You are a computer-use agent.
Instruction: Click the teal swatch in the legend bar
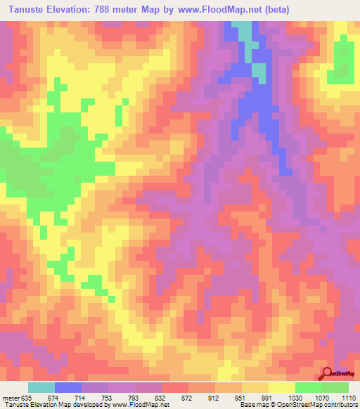click(x=41, y=387)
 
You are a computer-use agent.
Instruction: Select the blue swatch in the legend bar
click(x=68, y=387)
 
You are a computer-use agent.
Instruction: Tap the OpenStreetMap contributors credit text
click(x=319, y=404)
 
